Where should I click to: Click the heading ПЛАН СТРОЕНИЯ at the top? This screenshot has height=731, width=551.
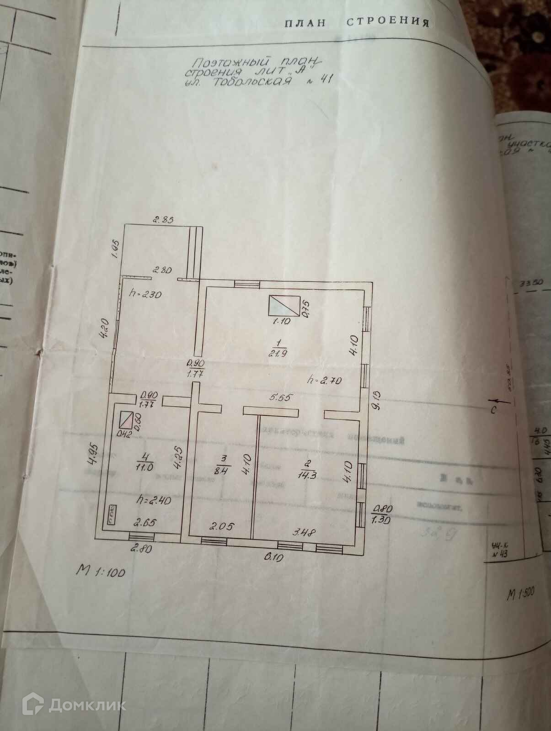[x=357, y=23]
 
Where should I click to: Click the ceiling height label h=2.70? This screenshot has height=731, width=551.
[x=326, y=379]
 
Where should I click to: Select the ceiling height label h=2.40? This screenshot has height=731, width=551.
[x=154, y=500]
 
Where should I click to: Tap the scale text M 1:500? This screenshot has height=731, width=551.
[x=520, y=594]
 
